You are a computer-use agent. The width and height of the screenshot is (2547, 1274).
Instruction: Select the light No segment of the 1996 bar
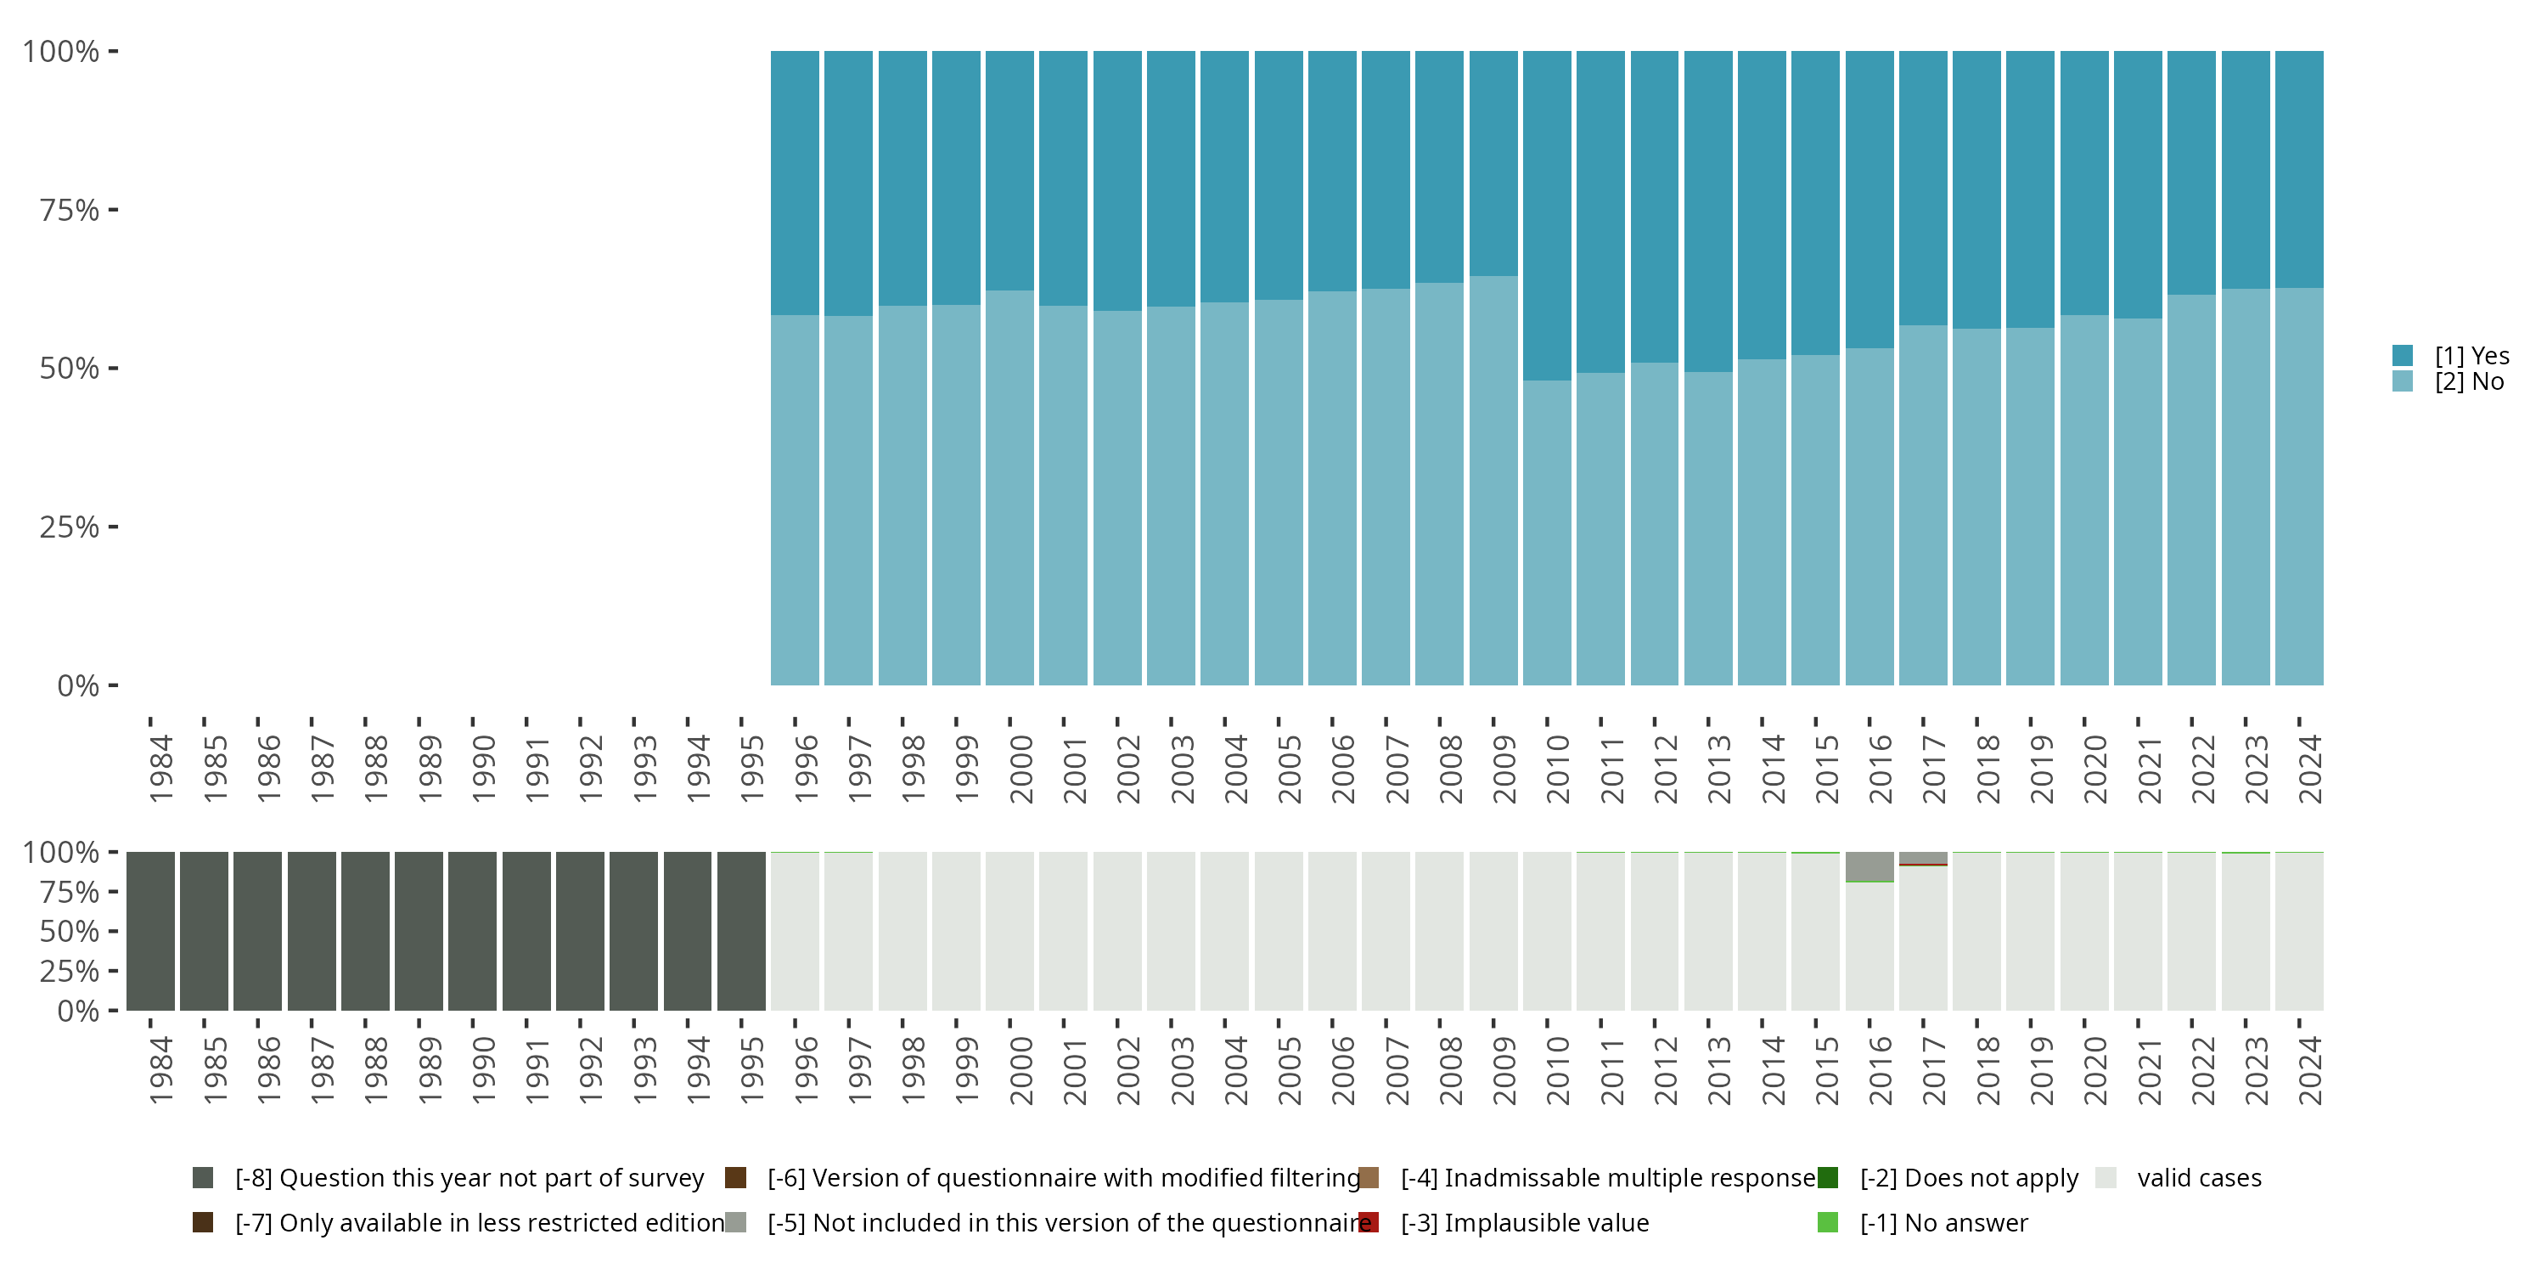pyautogui.click(x=795, y=499)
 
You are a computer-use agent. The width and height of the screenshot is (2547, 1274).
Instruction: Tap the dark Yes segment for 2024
pyautogui.click(x=2299, y=168)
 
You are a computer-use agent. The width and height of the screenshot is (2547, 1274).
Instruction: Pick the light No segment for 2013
pyautogui.click(x=1707, y=528)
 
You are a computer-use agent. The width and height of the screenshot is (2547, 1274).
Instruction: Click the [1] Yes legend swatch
pyautogui.click(x=2403, y=355)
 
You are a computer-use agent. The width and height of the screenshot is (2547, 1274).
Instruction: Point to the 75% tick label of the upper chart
pyautogui.click(x=70, y=210)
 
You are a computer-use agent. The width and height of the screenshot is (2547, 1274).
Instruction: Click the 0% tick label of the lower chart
pyautogui.click(x=78, y=1011)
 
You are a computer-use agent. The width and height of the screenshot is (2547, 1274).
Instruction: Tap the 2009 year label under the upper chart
pyautogui.click(x=1503, y=769)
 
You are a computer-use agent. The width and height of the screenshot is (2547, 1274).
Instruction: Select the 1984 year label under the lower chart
pyautogui.click(x=160, y=1070)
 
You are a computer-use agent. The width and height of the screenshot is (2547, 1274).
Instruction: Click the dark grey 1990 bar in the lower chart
pyautogui.click(x=473, y=931)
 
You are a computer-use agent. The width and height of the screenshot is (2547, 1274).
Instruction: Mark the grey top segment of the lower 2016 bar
pyautogui.click(x=1869, y=865)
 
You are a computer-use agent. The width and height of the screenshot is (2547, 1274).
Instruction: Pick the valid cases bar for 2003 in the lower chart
pyautogui.click(x=1171, y=931)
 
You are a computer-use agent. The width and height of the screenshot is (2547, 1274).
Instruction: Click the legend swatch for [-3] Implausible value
pyautogui.click(x=1369, y=1222)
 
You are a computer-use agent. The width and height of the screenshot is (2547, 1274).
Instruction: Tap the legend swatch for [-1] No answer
pyautogui.click(x=1827, y=1222)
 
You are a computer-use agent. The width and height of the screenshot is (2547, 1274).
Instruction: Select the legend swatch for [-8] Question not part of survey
pyautogui.click(x=203, y=1177)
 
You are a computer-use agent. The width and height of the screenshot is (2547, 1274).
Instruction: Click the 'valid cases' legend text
pyautogui.click(x=2199, y=1177)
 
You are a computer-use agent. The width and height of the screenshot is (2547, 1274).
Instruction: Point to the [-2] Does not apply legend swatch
pyautogui.click(x=1827, y=1177)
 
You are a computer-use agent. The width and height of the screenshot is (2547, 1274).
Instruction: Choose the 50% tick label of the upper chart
pyautogui.click(x=70, y=368)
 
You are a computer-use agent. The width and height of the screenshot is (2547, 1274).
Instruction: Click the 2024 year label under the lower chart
pyautogui.click(x=2308, y=1070)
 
